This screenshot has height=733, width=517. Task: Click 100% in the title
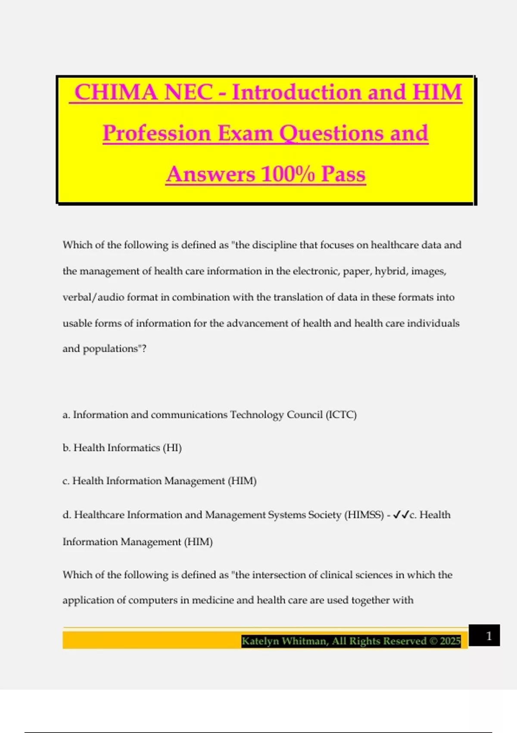pos(288,174)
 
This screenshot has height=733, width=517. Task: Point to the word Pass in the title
pos(343,174)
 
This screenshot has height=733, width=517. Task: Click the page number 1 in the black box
pos(489,636)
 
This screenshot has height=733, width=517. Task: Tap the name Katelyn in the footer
pos(260,641)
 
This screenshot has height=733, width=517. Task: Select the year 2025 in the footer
pos(450,641)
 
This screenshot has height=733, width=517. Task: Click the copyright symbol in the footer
pos(433,641)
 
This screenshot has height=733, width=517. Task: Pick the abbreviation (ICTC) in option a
pos(341,415)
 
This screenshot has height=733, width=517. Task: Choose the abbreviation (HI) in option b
pos(172,448)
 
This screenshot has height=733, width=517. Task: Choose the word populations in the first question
pos(110,348)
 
